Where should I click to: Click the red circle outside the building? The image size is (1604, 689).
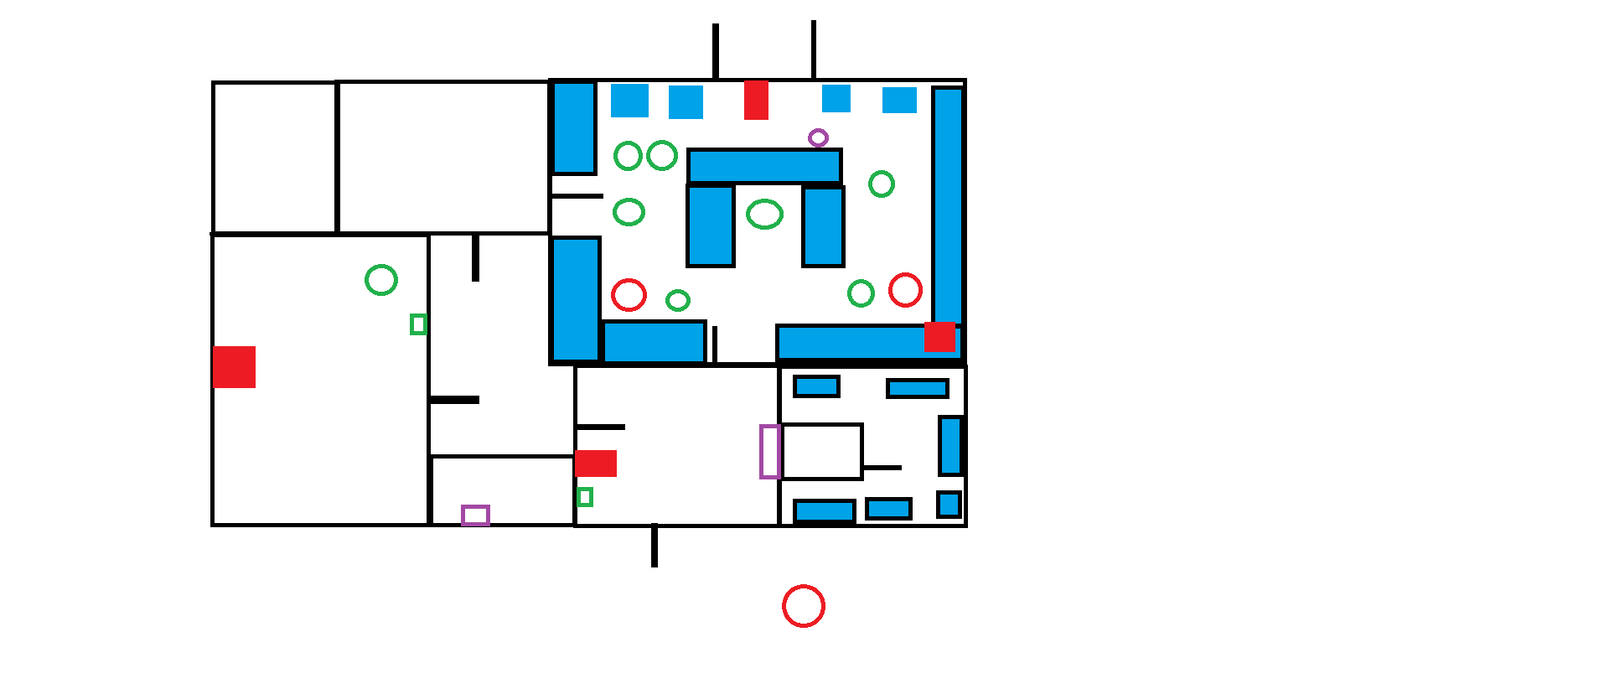(x=803, y=606)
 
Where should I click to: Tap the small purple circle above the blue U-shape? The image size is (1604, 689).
(x=818, y=137)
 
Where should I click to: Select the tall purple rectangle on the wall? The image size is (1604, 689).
(x=769, y=452)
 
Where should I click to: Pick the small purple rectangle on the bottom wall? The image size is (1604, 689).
(x=475, y=515)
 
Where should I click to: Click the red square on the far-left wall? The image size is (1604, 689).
(x=234, y=367)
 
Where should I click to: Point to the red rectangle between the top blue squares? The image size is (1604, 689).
(x=756, y=100)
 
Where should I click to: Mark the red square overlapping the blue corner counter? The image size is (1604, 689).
(x=939, y=336)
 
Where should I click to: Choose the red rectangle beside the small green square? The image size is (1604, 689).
(x=596, y=464)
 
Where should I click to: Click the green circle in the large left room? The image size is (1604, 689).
(x=381, y=280)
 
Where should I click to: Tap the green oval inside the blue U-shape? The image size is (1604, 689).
(x=764, y=215)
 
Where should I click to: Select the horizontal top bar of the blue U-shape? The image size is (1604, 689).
(x=764, y=166)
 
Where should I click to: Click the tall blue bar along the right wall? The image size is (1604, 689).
(x=948, y=205)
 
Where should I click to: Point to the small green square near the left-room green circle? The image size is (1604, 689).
(x=418, y=324)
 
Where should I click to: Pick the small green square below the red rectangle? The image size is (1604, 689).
(x=585, y=497)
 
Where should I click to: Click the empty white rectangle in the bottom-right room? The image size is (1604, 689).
(x=821, y=452)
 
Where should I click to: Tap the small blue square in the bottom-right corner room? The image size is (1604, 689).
(x=949, y=505)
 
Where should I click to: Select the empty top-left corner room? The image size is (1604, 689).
(x=275, y=158)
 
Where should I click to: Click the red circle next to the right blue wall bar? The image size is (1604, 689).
(x=905, y=290)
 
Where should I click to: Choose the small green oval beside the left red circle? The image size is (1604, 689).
(x=678, y=300)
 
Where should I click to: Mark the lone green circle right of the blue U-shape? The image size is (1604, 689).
(x=882, y=184)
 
